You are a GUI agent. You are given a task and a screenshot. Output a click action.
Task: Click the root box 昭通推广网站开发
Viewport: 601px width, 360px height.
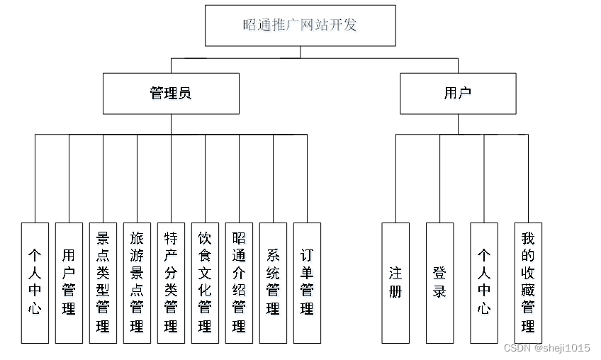click(x=300, y=26)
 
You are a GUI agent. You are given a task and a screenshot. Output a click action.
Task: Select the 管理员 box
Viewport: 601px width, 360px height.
click(x=171, y=93)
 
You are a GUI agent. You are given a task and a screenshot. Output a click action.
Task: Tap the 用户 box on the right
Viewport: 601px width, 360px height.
click(x=458, y=93)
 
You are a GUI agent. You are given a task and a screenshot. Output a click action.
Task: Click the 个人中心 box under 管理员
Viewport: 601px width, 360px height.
click(x=35, y=283)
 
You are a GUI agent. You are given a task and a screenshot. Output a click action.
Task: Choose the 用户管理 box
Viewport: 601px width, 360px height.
click(x=69, y=283)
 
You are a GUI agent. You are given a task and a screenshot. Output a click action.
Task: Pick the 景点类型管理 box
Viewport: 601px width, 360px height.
click(x=103, y=283)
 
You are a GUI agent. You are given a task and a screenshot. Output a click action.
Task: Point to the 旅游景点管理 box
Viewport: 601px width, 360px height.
click(x=137, y=283)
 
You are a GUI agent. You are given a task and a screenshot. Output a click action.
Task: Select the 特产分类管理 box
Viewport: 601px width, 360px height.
click(x=171, y=283)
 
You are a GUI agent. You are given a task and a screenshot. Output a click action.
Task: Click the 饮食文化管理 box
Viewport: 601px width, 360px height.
click(x=205, y=283)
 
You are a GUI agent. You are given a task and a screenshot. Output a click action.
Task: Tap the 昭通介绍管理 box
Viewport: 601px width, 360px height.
click(x=239, y=283)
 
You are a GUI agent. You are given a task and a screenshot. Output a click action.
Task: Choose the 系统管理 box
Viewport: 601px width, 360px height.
click(x=273, y=283)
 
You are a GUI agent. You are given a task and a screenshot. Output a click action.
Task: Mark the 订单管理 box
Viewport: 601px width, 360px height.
click(x=307, y=283)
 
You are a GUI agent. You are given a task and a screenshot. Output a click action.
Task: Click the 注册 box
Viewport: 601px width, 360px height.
click(x=395, y=283)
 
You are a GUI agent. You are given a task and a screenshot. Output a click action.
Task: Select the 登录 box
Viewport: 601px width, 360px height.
click(x=439, y=283)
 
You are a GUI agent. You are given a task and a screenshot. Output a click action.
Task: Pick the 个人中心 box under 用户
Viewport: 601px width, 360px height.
click(x=484, y=283)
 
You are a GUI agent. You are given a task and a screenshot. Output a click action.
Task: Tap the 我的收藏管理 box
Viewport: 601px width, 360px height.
click(x=528, y=283)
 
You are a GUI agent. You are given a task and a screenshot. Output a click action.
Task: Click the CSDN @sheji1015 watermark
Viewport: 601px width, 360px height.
click(x=546, y=348)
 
